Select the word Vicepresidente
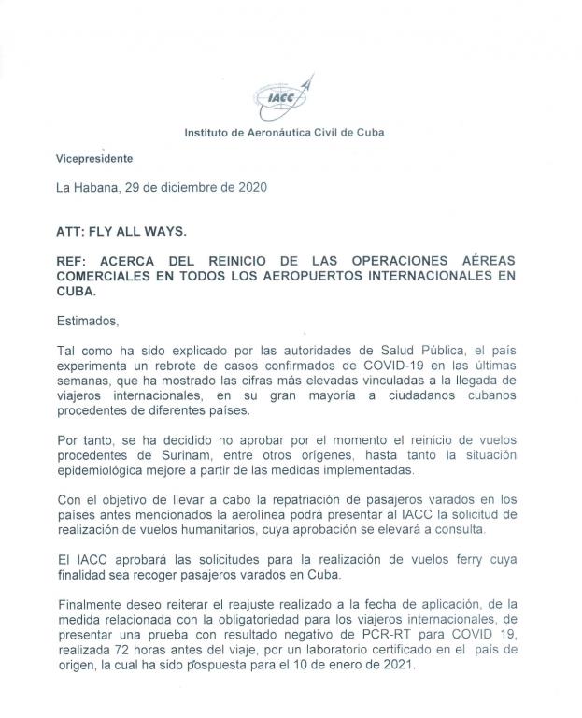94,159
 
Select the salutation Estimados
88,322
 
